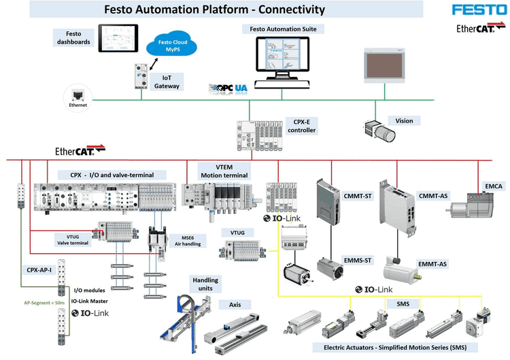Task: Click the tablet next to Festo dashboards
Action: point(118,39)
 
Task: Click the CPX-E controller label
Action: point(301,125)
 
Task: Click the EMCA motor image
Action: point(472,204)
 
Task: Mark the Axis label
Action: point(235,306)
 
